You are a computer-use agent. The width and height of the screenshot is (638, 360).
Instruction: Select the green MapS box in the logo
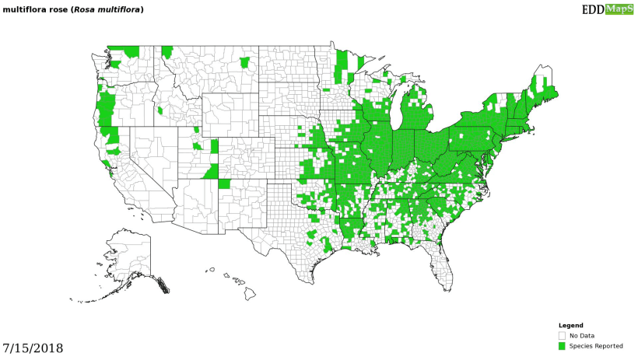620,9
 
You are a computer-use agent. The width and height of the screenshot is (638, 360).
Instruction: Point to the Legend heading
570,325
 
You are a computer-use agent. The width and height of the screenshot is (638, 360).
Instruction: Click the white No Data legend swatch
562,335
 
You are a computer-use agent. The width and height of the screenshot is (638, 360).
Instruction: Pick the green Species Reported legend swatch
562,346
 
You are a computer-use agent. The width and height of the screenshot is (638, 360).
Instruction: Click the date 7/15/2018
33,348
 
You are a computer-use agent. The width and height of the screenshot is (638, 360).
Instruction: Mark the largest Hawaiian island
251,293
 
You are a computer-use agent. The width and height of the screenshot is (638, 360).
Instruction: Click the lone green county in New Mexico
224,184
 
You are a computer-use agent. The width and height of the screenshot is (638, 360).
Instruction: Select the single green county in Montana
245,62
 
